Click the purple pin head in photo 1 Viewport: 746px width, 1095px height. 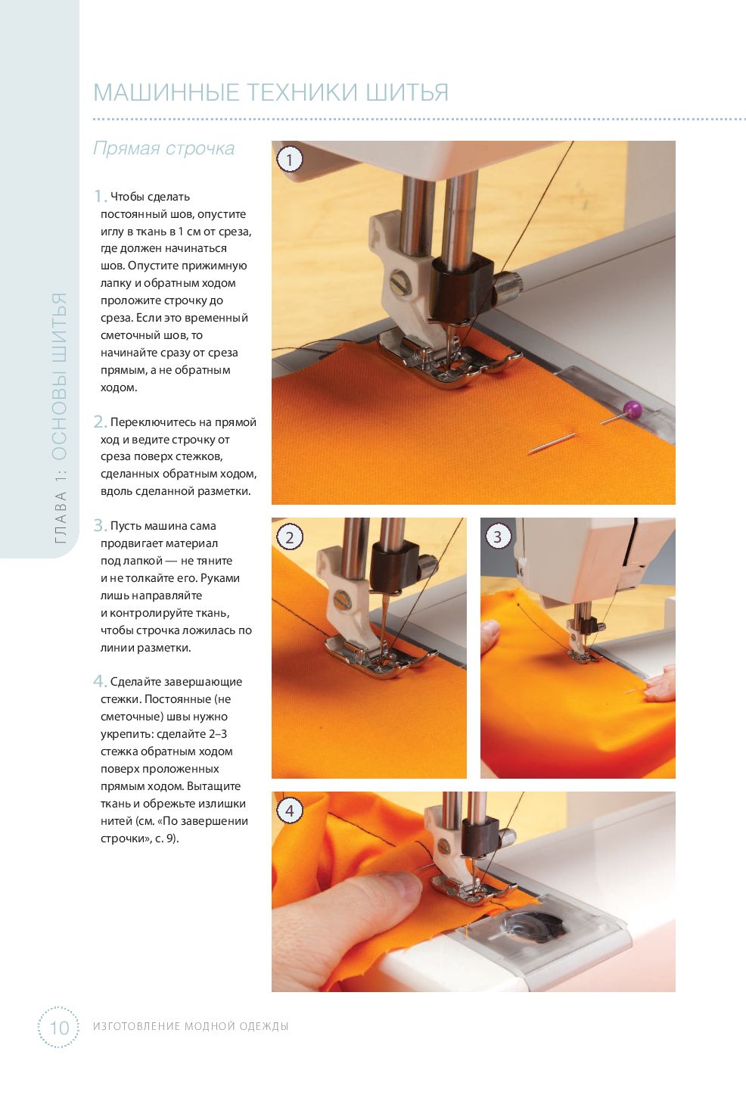[x=632, y=407]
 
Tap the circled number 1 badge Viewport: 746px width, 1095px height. [x=290, y=160]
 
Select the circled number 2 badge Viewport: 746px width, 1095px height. [x=290, y=537]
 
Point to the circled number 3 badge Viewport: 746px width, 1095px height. [x=498, y=537]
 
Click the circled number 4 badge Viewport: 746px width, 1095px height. [x=290, y=810]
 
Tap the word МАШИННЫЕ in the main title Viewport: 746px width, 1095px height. [x=166, y=92]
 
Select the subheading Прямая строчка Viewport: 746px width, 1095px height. [x=163, y=148]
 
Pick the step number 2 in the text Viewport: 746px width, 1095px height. [x=100, y=422]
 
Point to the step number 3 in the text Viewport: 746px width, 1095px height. [x=100, y=525]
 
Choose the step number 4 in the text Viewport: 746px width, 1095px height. [x=100, y=681]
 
